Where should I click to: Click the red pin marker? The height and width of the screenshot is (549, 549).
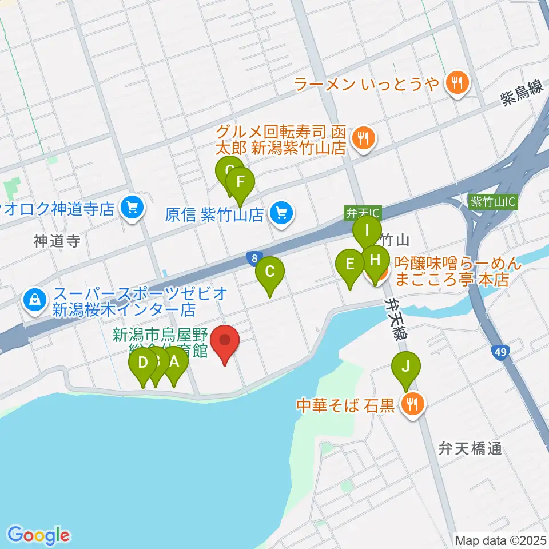225,341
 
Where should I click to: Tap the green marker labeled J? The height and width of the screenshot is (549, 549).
405,367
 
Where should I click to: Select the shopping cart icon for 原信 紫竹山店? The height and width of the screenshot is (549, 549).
281,214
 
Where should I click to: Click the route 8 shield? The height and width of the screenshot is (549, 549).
253,258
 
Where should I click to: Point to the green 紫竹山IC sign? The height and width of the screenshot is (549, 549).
492,202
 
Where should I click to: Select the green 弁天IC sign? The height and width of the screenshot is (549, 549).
362,213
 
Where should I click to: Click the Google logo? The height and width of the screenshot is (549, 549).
39,536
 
